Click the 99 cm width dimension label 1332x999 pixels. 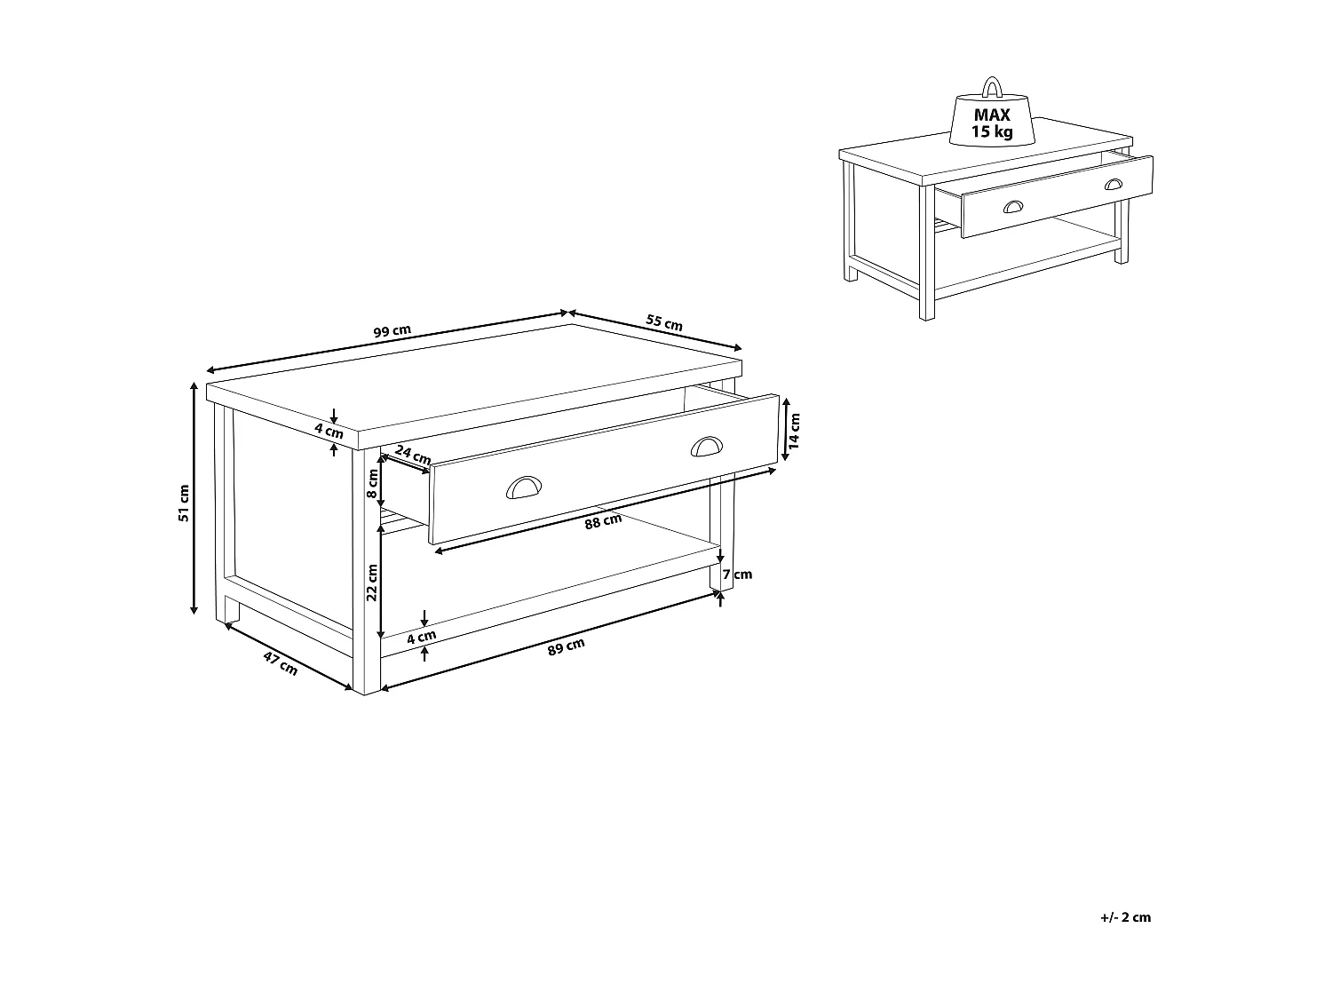pos(392,331)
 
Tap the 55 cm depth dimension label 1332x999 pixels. pos(664,322)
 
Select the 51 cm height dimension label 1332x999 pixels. pos(184,503)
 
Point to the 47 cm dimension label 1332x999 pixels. pos(281,662)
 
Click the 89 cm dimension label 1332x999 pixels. pos(567,648)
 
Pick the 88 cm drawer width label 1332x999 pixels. pos(603,521)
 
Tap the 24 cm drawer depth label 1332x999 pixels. pos(412,454)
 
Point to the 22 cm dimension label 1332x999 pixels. pos(373,582)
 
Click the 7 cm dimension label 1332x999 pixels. pos(738,574)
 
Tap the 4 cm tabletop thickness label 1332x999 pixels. pos(329,432)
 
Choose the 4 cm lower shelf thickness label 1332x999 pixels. pos(422,636)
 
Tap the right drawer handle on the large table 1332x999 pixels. pos(707,446)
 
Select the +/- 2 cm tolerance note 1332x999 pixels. pos(1124,917)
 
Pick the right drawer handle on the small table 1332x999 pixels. pos(1113,184)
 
